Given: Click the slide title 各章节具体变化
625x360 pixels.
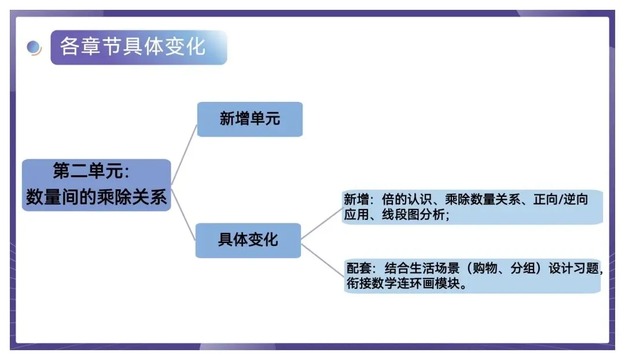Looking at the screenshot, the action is pyautogui.click(x=133, y=47).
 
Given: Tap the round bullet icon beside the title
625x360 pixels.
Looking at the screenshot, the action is pyautogui.click(x=35, y=47).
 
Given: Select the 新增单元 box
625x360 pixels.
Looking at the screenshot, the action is pyautogui.click(x=249, y=119).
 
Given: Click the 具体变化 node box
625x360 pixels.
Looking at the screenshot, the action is pyautogui.click(x=248, y=240).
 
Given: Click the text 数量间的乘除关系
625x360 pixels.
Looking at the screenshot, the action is pyautogui.click(x=96, y=197).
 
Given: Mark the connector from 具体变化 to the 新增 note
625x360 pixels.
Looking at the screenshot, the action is pyautogui.click(x=322, y=223).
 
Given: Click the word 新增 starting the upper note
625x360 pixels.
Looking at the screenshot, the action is pyautogui.click(x=356, y=200).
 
